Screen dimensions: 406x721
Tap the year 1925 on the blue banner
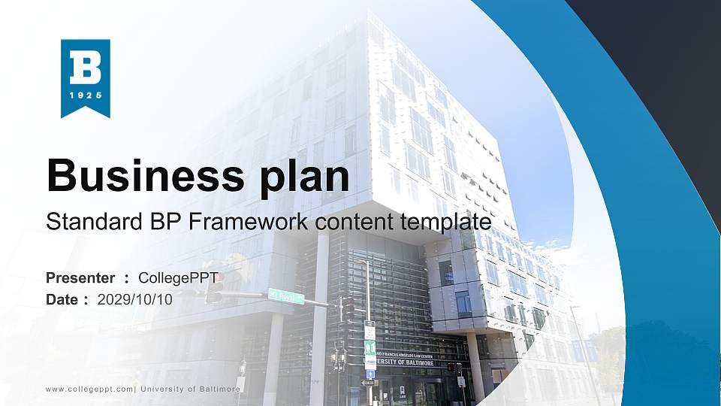[85, 96]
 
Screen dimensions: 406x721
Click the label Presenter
[80, 278]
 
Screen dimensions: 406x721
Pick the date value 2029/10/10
[135, 299]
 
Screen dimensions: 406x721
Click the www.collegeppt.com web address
[89, 389]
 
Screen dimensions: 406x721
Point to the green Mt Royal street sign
[286, 296]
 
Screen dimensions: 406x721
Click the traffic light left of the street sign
[214, 288]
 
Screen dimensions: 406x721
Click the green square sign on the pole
[370, 347]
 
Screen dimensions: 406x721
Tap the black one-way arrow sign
[368, 383]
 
